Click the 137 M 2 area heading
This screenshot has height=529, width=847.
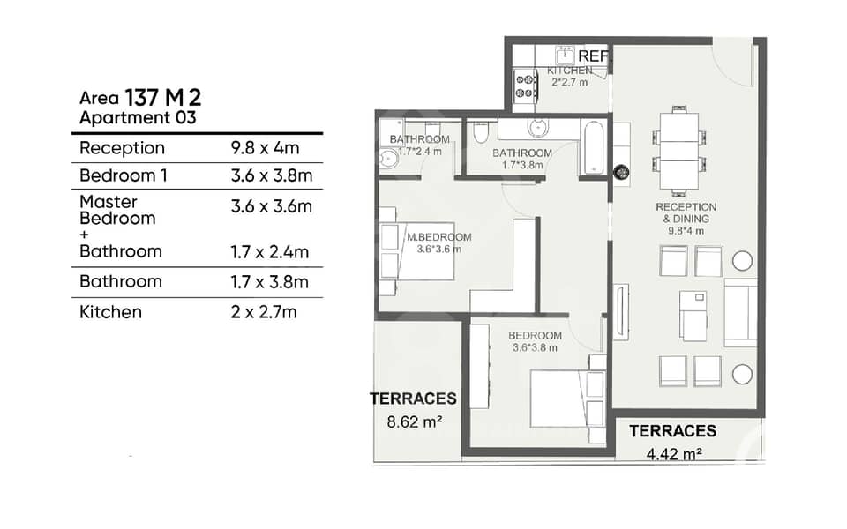coord(163,98)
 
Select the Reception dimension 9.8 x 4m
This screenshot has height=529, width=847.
coord(265,147)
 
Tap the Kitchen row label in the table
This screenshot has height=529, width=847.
coord(111,312)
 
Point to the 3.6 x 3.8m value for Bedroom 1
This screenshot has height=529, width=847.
coord(272,175)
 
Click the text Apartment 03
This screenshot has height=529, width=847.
coord(138,117)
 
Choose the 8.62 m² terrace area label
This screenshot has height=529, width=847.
coord(415,421)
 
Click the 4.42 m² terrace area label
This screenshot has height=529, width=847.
coord(674,454)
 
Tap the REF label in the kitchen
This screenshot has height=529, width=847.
coord(593,56)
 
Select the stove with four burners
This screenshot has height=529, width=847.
coord(525,86)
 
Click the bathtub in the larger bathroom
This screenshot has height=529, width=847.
coord(594,148)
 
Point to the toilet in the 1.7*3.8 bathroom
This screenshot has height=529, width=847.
coord(480,131)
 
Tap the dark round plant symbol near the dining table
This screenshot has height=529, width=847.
coord(622,173)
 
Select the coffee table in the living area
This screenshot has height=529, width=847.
coord(693,317)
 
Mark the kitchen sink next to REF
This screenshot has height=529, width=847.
coord(566,55)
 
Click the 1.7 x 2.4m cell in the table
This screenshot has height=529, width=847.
coord(270,252)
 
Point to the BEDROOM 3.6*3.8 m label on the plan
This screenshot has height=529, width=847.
coord(535,341)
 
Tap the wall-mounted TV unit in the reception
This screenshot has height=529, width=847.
coord(621,312)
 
